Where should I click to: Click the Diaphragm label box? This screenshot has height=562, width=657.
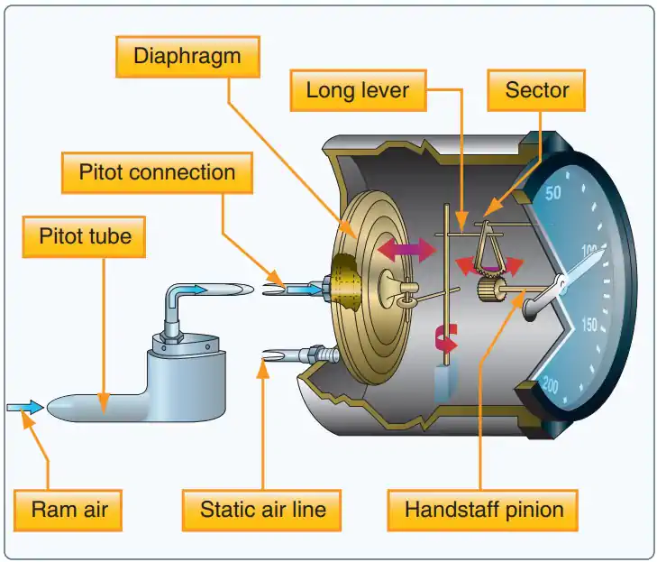(x=187, y=56)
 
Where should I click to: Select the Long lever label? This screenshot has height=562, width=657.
(x=358, y=90)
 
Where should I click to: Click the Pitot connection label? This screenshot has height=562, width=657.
(x=157, y=172)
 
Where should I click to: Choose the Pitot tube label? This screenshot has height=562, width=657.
(x=86, y=237)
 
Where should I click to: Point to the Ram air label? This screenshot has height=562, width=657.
(x=69, y=510)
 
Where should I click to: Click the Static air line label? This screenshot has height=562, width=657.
(x=262, y=510)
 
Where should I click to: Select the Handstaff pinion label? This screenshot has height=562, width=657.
(x=484, y=510)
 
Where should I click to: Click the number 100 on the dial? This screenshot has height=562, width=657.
(x=591, y=250)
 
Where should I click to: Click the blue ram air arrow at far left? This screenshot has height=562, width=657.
(x=24, y=408)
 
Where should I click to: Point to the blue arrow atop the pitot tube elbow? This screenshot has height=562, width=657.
(x=192, y=289)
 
